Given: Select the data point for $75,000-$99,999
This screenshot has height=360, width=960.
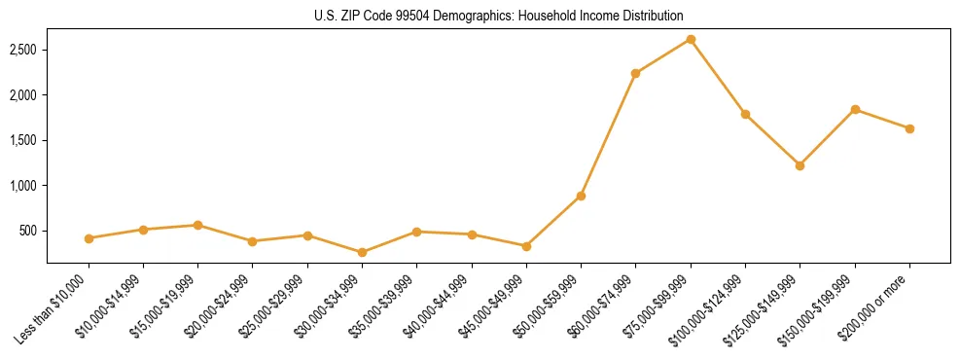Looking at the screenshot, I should [691, 39].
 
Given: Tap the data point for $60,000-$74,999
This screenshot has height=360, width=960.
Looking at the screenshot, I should [635, 73].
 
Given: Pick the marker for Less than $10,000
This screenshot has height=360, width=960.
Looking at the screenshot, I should [89, 238].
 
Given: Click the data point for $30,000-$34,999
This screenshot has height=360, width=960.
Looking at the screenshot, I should [362, 252].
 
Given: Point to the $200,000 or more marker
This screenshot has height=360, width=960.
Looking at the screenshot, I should [909, 128].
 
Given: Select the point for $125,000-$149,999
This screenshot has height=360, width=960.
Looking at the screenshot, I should [800, 165].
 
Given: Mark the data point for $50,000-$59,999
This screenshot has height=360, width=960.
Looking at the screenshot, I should [581, 196].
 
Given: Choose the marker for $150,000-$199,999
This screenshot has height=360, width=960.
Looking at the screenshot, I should [855, 109].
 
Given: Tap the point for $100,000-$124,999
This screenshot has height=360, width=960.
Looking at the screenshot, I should [745, 114].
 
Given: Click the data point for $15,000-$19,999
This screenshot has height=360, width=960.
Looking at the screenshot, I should [197, 225].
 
